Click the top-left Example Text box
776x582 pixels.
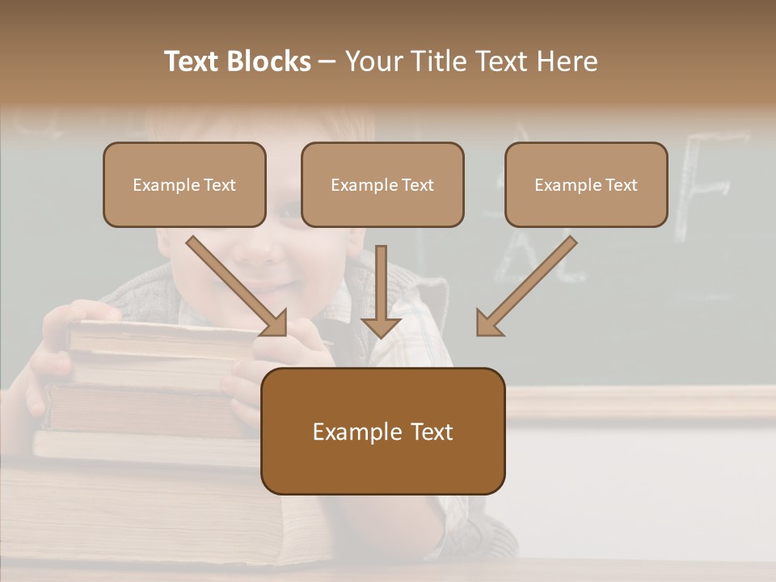184,184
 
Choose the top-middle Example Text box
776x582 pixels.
382,184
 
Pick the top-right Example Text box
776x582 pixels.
586,184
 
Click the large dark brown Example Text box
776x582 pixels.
382,431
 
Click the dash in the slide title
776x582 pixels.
327,62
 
